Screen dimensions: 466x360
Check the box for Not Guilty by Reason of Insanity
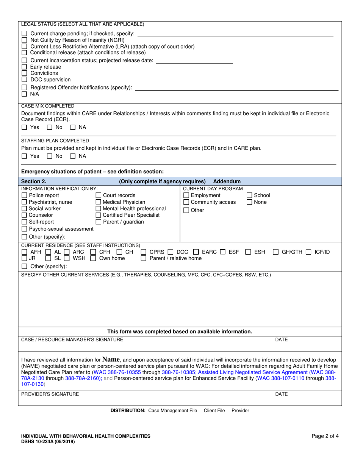(x=24, y=40)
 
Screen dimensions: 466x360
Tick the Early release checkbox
(x=24, y=67)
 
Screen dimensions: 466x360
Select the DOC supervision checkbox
(x=24, y=80)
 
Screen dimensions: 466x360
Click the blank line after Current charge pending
(x=235, y=34)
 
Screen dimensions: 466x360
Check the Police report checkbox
(x=24, y=195)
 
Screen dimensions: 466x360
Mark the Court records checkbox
(x=98, y=195)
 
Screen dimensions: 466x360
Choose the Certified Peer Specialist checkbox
(x=98, y=215)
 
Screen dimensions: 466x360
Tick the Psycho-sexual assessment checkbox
(x=24, y=229)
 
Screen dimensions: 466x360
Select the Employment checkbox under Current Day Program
(x=186, y=195)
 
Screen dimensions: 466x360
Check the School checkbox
(x=250, y=195)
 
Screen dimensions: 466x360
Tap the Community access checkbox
(x=186, y=202)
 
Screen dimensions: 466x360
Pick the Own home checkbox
(x=93, y=258)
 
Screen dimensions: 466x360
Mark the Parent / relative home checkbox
(x=144, y=258)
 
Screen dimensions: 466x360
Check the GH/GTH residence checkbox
(x=276, y=252)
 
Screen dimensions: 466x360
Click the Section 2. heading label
(x=34, y=181)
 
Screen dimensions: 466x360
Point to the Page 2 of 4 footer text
(x=325, y=436)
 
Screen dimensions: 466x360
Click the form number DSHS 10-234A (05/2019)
(x=48, y=442)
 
